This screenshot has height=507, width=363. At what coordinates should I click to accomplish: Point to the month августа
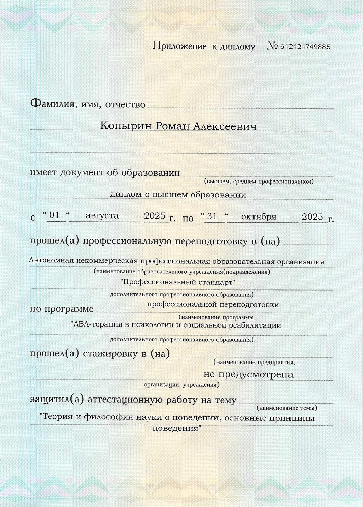point(102,215)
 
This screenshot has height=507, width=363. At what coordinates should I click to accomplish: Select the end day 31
point(213,216)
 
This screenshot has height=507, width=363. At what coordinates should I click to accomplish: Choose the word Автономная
point(52,261)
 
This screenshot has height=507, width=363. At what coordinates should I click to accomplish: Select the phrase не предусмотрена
point(248,374)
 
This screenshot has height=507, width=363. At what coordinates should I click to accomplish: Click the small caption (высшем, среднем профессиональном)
point(259,181)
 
